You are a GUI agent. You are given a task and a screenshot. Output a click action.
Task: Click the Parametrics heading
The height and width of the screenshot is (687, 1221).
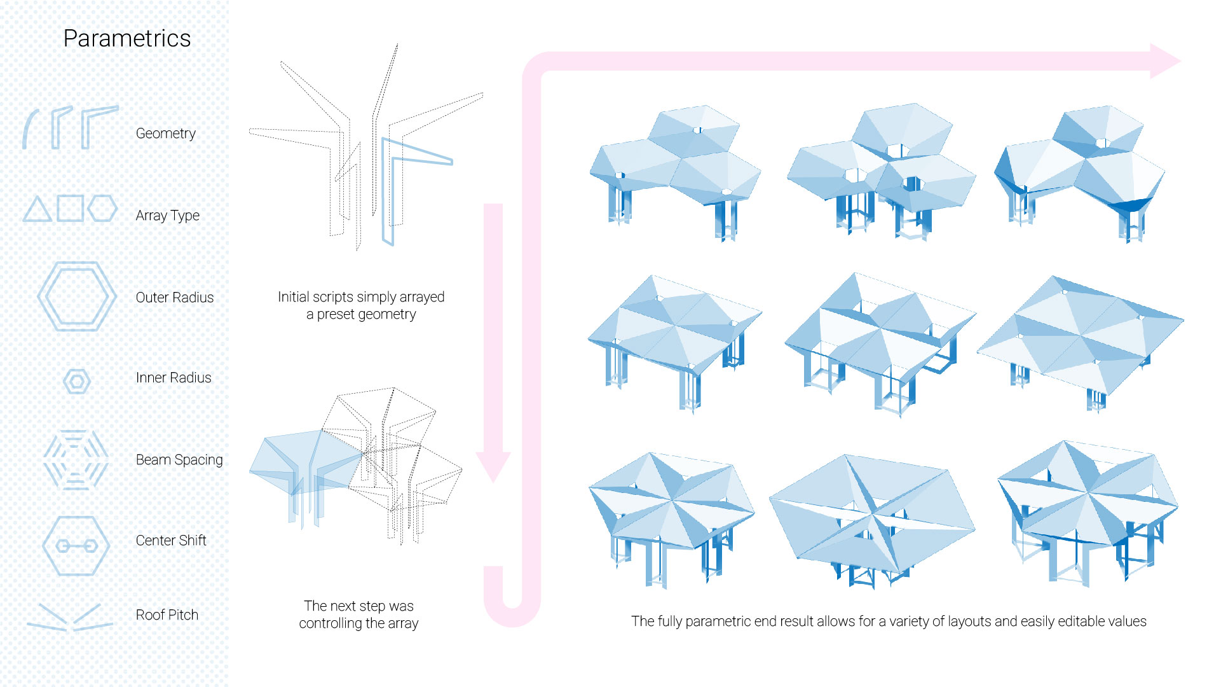[127, 38]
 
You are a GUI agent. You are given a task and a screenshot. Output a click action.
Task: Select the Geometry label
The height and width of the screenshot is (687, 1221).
[165, 134]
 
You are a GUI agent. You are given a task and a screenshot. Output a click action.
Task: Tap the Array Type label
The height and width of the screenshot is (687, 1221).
[167, 216]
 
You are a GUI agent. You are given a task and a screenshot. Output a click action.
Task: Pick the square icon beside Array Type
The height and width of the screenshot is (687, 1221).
[70, 208]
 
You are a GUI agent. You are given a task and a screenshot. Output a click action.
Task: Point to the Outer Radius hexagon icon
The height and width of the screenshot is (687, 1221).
[77, 296]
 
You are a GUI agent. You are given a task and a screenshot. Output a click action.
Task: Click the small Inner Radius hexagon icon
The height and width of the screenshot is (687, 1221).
[77, 382]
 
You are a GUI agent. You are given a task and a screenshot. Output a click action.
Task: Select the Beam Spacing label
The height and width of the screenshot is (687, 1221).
[179, 460]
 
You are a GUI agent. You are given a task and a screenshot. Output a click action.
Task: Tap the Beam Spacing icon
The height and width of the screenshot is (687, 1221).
[76, 460]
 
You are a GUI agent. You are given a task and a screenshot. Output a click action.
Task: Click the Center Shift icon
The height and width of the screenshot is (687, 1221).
[77, 546]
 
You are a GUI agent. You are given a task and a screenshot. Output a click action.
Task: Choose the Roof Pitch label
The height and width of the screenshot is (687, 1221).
[167, 615]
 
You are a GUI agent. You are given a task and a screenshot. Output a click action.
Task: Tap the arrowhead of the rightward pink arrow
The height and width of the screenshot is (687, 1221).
[1164, 61]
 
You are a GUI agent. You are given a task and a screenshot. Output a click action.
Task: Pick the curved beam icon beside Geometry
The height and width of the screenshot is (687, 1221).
[30, 129]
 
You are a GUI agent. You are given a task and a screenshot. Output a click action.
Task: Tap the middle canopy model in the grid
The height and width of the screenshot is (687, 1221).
[880, 343]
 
